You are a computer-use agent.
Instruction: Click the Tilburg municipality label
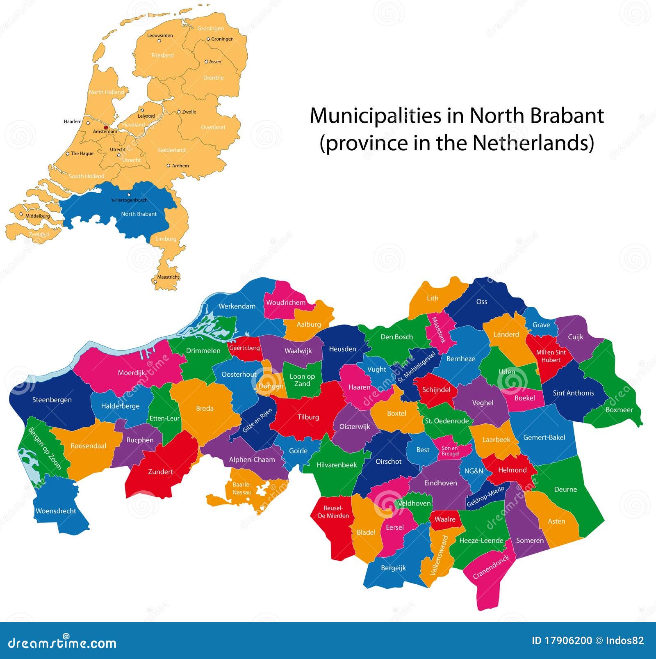coord(308,417)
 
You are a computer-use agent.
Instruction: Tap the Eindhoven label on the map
coord(440,483)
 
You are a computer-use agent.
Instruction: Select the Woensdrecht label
coord(56,511)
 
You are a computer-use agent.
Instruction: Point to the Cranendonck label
coord(491,567)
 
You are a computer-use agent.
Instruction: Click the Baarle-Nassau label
coord(242,488)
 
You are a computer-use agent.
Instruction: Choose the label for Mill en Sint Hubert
coord(551,356)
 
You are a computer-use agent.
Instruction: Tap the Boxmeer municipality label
coord(619,410)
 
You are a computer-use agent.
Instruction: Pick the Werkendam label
coord(237,306)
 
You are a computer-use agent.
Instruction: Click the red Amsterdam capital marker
coord(106,127)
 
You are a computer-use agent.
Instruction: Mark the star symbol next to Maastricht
coord(155,281)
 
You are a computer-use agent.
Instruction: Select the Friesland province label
coord(162,55)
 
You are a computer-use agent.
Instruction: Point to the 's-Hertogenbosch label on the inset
coord(129,200)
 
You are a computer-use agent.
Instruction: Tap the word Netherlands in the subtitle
coord(533,143)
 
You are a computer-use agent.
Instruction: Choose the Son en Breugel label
coord(450,451)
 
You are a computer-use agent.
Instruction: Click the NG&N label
coord(474,471)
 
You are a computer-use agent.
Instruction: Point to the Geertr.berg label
coord(244,348)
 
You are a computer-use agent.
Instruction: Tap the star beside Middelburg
coord(21,214)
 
